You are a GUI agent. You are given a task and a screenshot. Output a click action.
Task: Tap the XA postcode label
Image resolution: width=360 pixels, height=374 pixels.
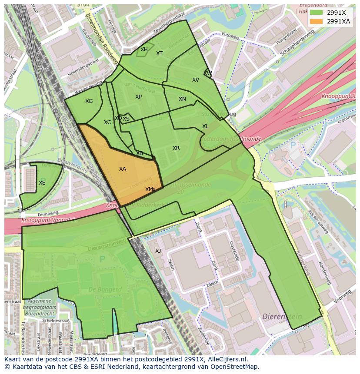coord(123,169)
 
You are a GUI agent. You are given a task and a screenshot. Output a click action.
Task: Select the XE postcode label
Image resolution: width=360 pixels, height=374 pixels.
coord(42,183)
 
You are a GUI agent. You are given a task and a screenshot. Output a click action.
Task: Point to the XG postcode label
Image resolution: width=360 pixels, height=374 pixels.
coord(89,101)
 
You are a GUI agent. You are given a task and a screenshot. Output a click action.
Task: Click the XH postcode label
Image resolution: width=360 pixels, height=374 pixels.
coord(144,50)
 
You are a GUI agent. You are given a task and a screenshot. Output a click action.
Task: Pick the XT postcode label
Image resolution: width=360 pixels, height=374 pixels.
coord(160,53)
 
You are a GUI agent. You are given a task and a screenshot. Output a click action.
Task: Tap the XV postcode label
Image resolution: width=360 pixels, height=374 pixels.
coord(196,80)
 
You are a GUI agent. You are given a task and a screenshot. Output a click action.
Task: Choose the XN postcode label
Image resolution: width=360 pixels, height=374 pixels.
coord(182,99)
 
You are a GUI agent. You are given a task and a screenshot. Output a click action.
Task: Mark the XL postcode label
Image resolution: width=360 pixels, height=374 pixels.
coord(205,126)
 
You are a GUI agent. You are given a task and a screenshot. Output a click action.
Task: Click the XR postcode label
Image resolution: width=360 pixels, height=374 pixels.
coord(176,148)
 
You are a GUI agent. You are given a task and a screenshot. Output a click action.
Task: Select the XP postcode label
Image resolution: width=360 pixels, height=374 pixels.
coord(138,97)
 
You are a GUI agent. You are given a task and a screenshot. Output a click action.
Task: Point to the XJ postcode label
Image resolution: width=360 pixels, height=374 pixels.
coord(158,251)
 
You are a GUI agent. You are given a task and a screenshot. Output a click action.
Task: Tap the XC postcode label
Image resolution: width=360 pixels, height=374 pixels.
coord(107,122)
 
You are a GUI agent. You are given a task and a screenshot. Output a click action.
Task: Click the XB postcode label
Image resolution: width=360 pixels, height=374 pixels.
coord(140,153)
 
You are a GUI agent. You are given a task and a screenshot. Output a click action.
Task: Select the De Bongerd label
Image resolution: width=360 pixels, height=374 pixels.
coord(105,289)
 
